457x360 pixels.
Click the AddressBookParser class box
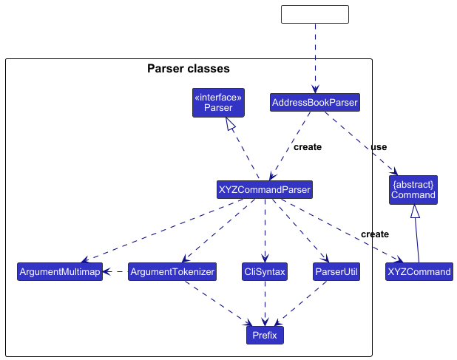pos(315,102)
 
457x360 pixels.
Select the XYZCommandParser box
pos(264,190)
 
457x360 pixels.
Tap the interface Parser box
pos(218,103)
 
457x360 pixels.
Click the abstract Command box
pos(413,189)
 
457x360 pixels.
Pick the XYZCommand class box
pos(419,272)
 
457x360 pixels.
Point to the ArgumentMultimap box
pos(59,272)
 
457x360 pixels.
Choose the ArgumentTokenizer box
pos(172,272)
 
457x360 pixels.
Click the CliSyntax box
pos(264,272)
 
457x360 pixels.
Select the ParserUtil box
pos(336,272)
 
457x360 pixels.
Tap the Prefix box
pos(265,336)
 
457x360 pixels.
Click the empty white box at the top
pos(315,14)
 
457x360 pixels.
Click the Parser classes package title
pos(189,69)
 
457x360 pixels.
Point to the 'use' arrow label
pos(379,147)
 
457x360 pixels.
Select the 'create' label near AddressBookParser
pos(308,147)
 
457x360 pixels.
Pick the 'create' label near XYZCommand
pos(375,234)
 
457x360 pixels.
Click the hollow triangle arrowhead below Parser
pos(231,125)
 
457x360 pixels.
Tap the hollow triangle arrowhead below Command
pos(416,212)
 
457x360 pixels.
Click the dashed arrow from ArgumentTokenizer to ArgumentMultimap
pos(115,272)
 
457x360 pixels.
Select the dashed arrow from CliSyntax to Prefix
pos(265,303)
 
